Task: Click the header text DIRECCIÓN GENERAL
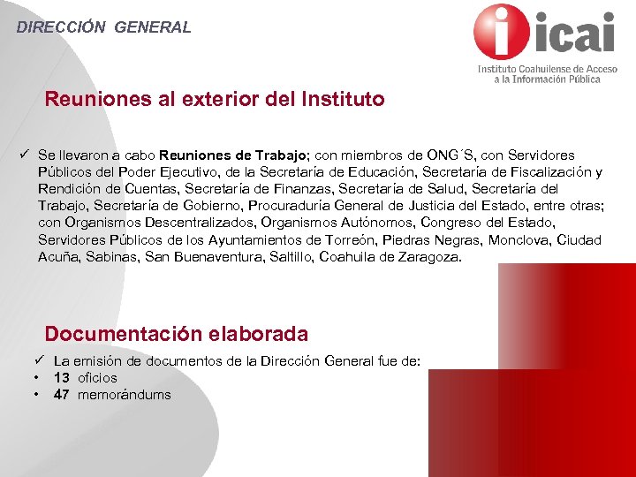tap(103, 27)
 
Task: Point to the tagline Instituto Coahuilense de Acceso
tap(541, 68)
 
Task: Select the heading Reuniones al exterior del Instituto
tap(215, 99)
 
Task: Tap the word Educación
tap(379, 172)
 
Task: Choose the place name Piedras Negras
tap(442, 240)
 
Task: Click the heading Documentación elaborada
tap(177, 334)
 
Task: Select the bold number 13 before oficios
tap(62, 378)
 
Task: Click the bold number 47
tap(62, 395)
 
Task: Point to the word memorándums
tap(125, 395)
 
